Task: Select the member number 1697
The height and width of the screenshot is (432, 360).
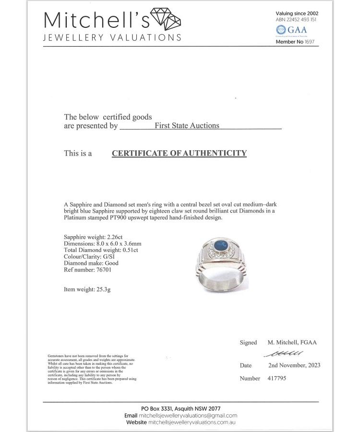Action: click(311, 42)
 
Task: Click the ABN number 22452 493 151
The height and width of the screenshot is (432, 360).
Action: click(302, 20)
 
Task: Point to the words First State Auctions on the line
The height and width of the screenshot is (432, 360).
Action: click(187, 126)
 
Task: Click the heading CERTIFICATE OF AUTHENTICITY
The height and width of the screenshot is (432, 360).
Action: click(179, 154)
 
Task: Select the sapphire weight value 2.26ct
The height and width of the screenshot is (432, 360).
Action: click(112, 237)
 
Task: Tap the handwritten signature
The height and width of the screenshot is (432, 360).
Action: click(283, 354)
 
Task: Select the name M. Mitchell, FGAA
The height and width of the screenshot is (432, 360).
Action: click(292, 343)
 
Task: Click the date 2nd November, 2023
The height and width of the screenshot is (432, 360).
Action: click(294, 365)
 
